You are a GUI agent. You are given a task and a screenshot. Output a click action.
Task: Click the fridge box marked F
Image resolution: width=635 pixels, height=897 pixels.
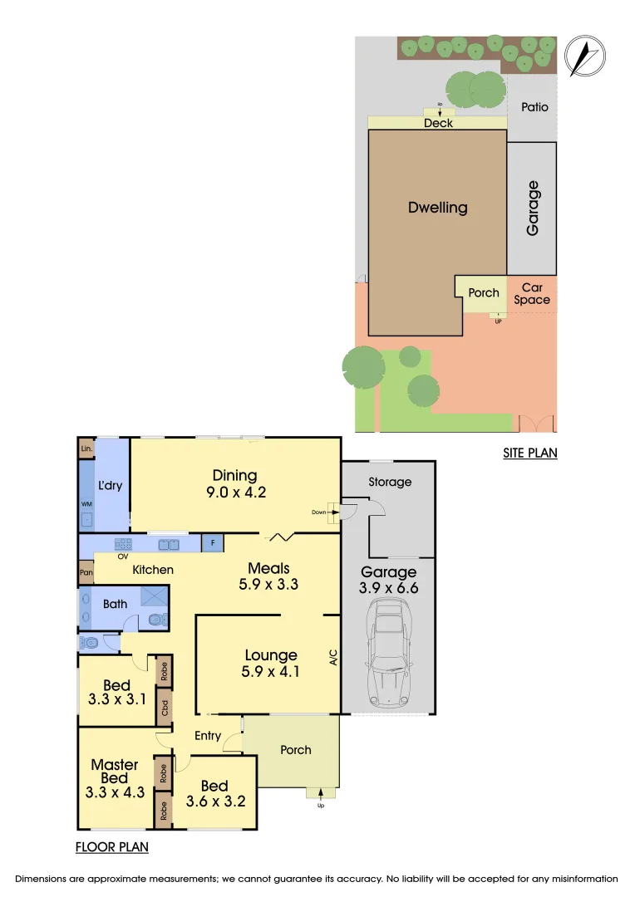tap(212, 544)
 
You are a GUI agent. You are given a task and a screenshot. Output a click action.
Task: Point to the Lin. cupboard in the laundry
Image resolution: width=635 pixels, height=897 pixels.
tap(86, 448)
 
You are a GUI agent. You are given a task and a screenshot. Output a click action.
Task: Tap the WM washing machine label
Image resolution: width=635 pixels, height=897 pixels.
tap(86, 503)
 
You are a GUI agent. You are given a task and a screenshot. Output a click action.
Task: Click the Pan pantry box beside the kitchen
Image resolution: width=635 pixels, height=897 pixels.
tap(86, 572)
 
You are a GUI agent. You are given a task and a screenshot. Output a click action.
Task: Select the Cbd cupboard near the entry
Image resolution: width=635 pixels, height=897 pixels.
tap(165, 708)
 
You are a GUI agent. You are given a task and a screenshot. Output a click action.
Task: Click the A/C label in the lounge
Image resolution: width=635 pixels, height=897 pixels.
tap(332, 659)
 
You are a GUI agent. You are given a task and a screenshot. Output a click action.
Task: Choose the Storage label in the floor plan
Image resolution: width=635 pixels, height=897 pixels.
tap(390, 482)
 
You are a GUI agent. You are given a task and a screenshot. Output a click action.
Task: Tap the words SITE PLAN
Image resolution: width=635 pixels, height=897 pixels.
tap(529, 453)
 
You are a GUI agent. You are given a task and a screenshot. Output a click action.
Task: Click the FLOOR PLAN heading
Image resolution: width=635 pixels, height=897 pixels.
tap(111, 848)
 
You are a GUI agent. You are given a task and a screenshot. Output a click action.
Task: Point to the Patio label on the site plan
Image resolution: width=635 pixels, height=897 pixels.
tap(534, 107)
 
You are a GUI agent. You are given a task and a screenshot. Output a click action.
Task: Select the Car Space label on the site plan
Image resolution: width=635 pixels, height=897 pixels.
tap(532, 293)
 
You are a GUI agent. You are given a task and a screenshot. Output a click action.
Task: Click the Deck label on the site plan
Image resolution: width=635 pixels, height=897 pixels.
tap(438, 123)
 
